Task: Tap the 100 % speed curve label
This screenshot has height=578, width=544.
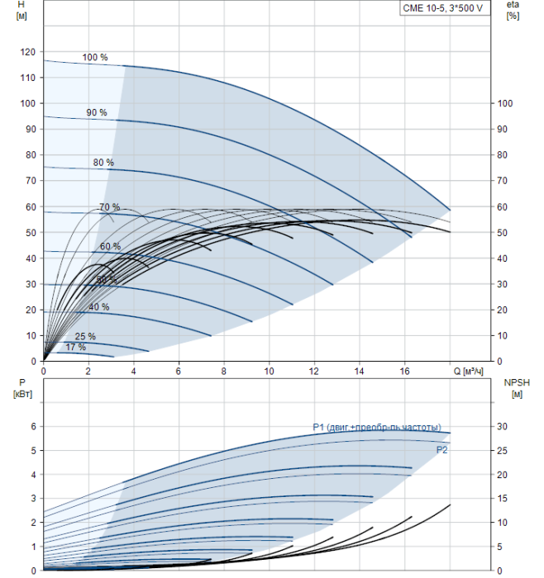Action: (95, 58)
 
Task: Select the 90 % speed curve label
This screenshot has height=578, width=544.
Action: (98, 112)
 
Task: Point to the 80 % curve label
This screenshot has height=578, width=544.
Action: (103, 163)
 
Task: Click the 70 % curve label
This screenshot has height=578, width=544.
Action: (109, 207)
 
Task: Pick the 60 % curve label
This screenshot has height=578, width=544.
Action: (110, 247)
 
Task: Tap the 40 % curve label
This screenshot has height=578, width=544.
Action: (99, 307)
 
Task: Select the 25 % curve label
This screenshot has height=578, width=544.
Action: (85, 337)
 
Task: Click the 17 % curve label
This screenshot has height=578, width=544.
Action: (75, 348)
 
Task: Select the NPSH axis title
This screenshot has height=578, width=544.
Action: (516, 387)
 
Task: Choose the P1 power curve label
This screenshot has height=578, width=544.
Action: (382, 427)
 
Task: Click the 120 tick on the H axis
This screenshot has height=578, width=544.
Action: (28, 52)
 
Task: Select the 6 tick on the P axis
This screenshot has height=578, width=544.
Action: (34, 426)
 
